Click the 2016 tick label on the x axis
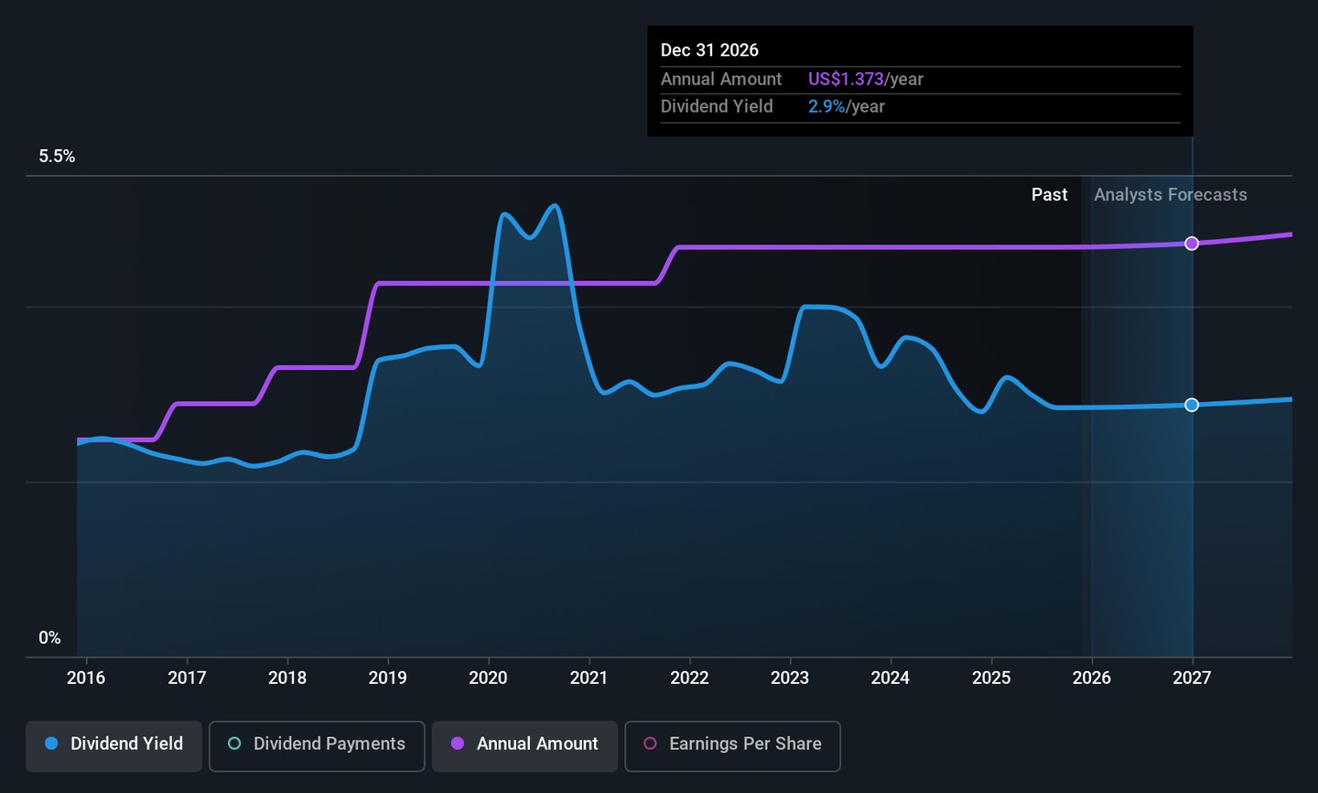point(86,679)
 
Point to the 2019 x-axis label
point(387,679)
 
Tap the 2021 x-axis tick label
point(589,679)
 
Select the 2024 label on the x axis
point(890,679)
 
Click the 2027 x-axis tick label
point(1192,679)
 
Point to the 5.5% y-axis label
point(57,157)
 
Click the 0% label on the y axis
point(49,638)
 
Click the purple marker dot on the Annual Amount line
point(1192,244)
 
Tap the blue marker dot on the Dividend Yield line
point(1192,405)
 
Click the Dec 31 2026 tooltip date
point(709,50)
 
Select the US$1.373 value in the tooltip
point(846,80)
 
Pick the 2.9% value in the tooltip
point(826,107)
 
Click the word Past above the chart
point(1049,195)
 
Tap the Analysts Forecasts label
point(1170,195)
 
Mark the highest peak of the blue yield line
point(554,205)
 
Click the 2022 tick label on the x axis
point(689,679)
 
